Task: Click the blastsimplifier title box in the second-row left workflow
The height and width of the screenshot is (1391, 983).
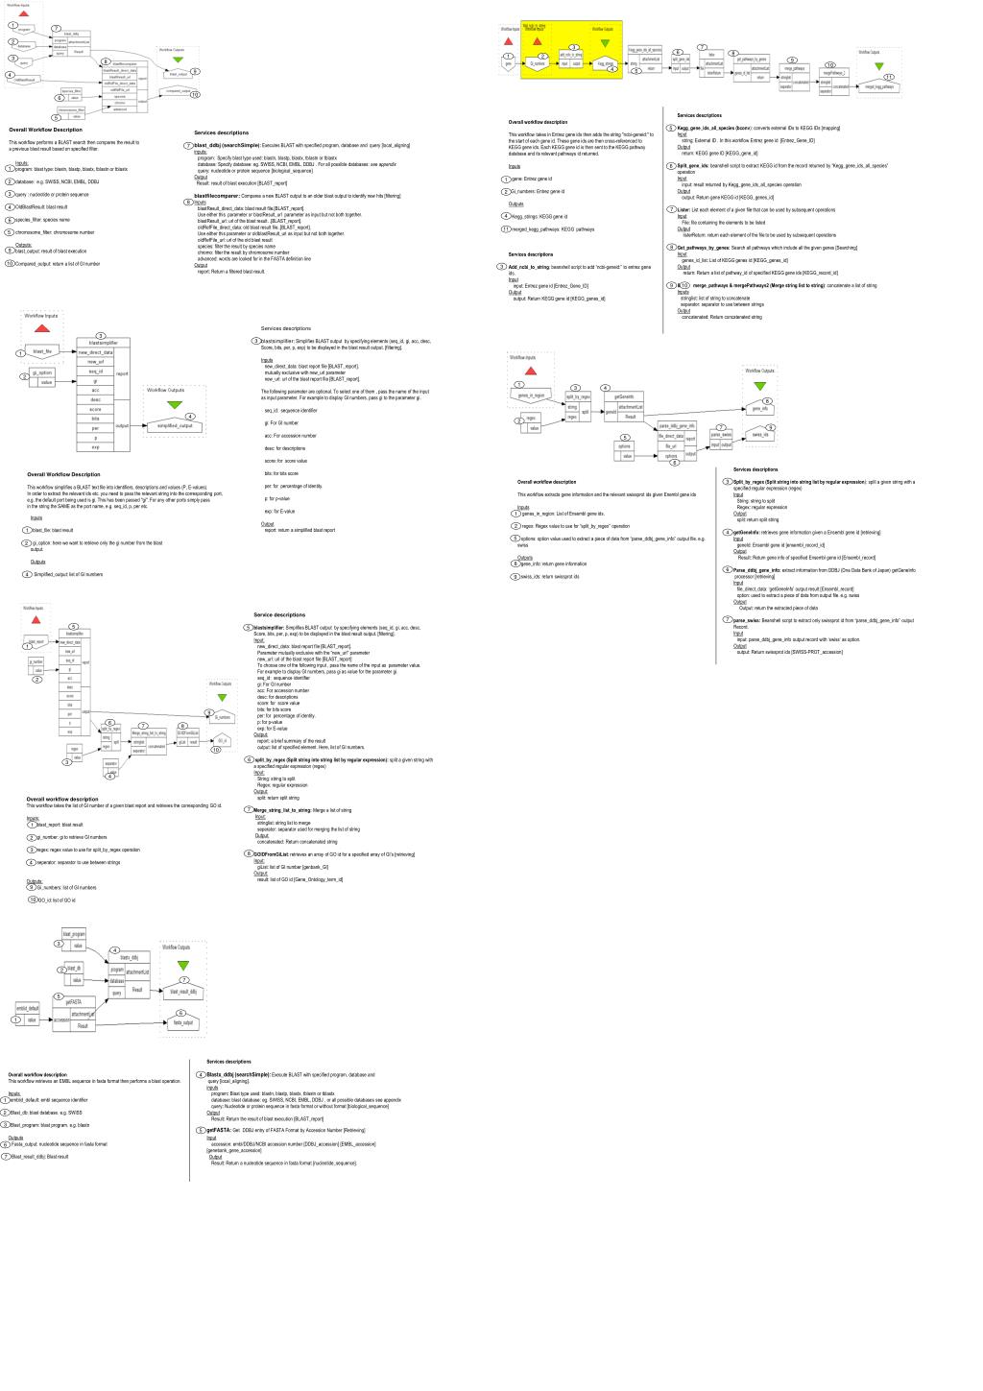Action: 104,343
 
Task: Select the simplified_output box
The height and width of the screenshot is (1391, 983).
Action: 174,426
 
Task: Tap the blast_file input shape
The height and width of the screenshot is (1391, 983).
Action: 42,352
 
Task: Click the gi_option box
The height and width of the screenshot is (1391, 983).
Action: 42,372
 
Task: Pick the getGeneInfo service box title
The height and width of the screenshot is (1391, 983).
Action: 623,396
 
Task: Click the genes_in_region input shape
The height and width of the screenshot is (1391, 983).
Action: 531,396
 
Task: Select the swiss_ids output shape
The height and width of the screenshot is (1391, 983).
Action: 759,435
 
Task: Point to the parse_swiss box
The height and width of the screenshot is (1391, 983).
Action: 721,435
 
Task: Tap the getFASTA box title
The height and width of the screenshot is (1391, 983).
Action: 73,1002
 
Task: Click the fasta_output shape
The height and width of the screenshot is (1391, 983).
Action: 182,1023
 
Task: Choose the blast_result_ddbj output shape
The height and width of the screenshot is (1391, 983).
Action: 182,992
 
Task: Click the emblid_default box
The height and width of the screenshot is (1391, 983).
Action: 28,1008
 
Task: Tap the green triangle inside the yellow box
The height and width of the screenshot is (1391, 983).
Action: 604,43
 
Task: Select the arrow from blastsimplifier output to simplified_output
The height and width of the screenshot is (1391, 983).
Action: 137,426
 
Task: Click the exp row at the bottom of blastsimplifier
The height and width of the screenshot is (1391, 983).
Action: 95,447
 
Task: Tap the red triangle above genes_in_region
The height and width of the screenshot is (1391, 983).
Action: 531,371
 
